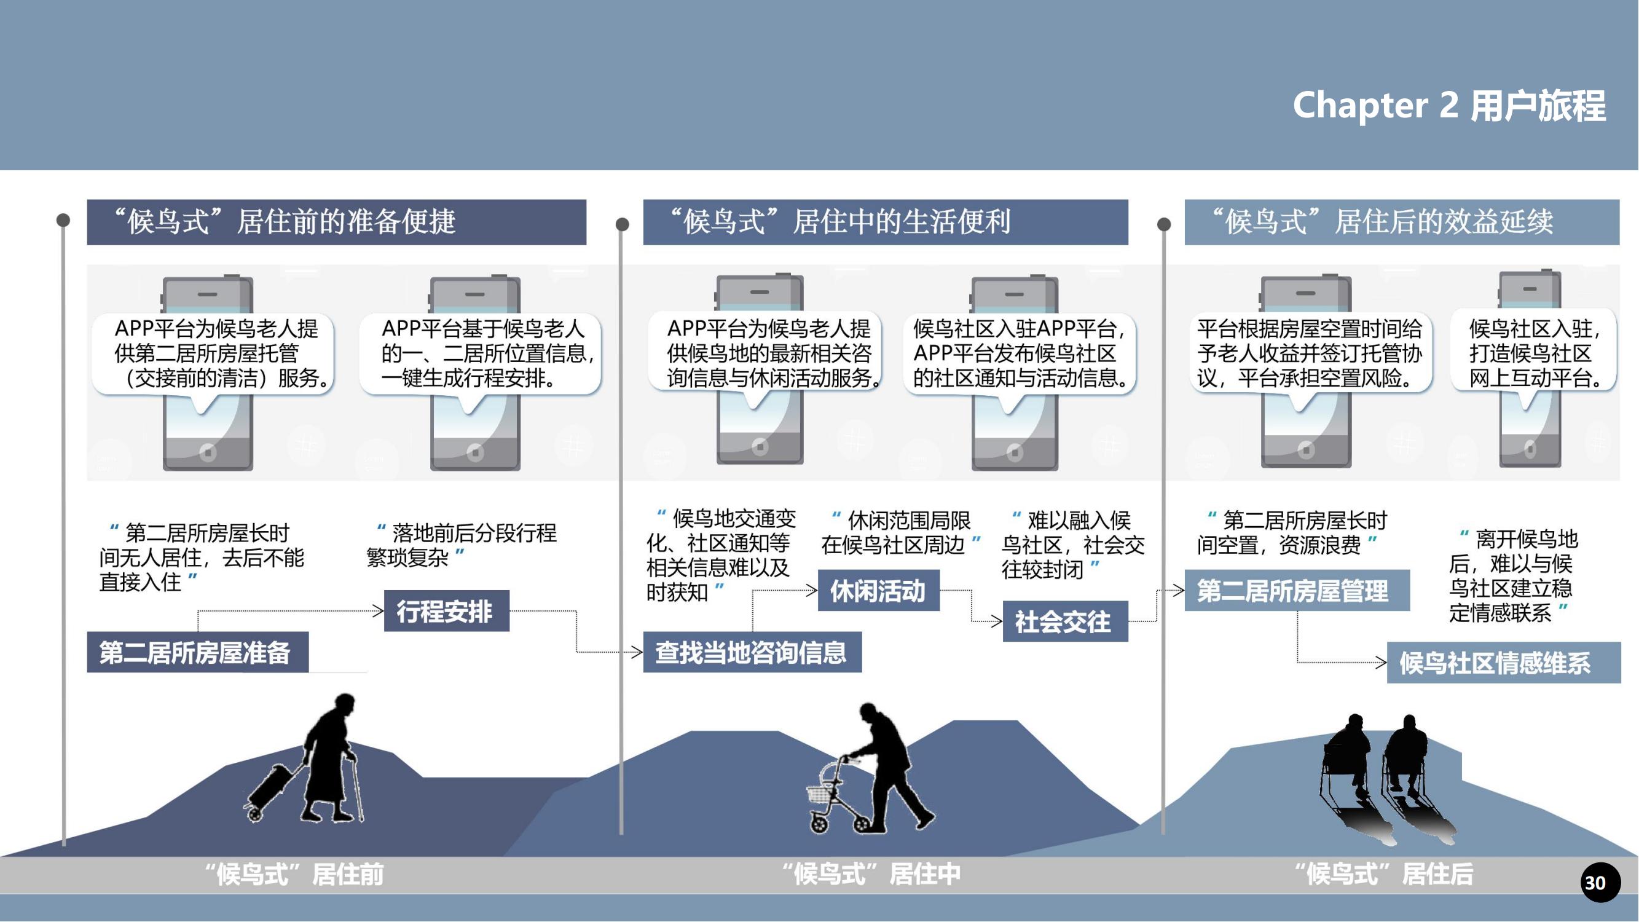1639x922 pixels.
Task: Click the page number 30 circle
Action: (x=1600, y=882)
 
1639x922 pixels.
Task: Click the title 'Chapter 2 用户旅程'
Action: (x=1448, y=105)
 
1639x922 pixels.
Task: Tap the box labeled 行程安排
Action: (x=446, y=611)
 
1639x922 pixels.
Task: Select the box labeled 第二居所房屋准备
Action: (x=197, y=652)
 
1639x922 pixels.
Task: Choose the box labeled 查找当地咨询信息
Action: (x=752, y=652)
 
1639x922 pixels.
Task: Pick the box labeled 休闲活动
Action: (x=878, y=591)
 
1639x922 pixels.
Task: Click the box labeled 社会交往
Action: (x=1064, y=621)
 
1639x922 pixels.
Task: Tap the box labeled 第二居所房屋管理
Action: (x=1296, y=591)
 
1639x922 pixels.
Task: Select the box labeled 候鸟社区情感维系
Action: (x=1503, y=663)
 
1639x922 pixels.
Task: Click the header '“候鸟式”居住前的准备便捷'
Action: (x=336, y=222)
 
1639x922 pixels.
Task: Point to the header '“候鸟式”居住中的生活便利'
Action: (x=885, y=222)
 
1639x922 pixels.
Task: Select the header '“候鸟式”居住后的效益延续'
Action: (x=1401, y=222)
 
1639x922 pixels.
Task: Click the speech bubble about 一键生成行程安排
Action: (x=481, y=354)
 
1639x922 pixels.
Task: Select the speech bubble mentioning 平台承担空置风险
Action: (x=1310, y=354)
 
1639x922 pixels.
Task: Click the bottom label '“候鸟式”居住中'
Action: (x=871, y=874)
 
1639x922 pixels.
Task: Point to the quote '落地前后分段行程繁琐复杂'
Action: (x=462, y=545)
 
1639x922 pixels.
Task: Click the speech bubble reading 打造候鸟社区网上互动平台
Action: (x=1533, y=354)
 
